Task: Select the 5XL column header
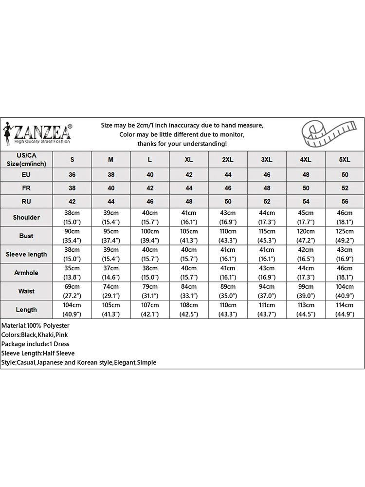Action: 345,160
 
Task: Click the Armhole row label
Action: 26,273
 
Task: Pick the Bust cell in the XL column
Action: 189,236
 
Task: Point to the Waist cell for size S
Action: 72,291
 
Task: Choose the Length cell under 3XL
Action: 267,310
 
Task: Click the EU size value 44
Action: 228,174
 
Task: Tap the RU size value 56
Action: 345,201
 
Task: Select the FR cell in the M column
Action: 111,188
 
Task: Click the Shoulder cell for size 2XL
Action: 228,217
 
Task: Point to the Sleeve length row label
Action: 26,254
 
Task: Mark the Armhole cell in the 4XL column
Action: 306,273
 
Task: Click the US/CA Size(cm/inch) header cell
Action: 26,159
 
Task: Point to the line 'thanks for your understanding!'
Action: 182,144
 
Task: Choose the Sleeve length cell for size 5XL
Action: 345,254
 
